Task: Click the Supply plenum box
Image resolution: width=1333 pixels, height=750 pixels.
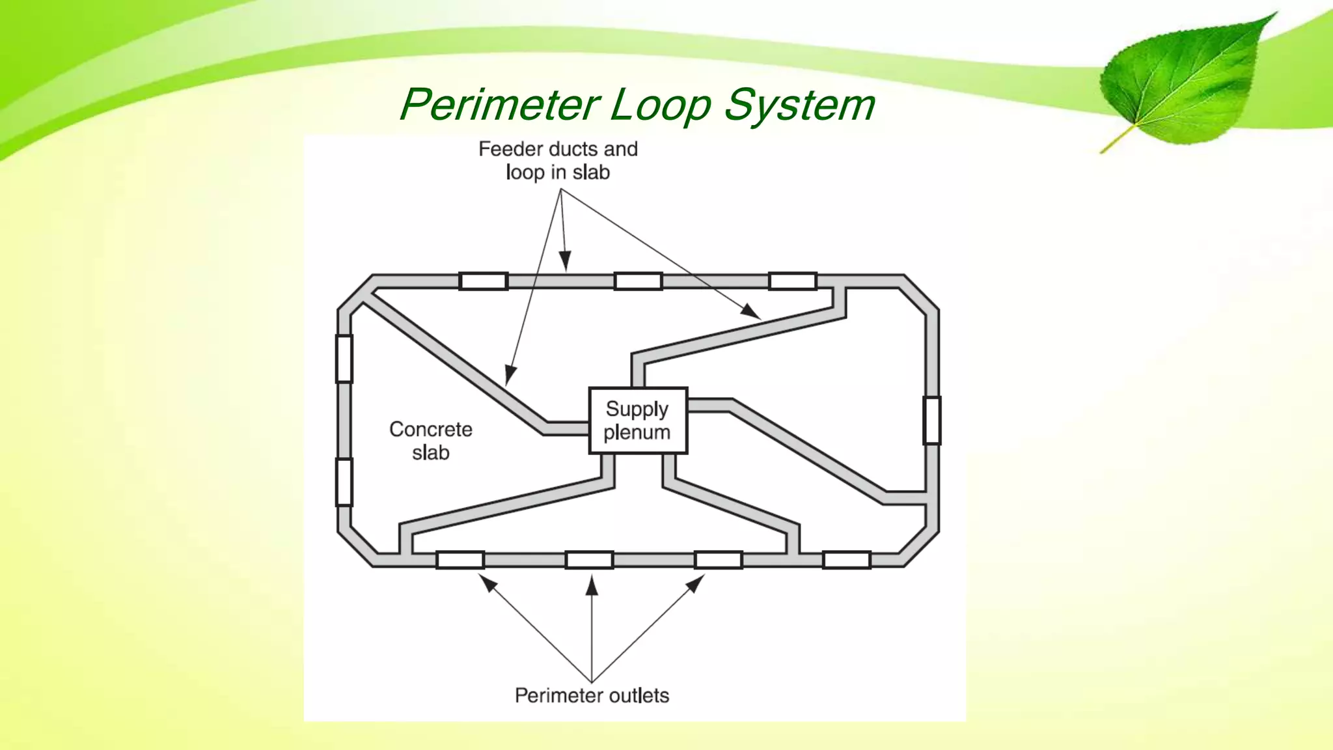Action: [x=638, y=420]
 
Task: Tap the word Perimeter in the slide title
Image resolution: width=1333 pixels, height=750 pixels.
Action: [x=499, y=105]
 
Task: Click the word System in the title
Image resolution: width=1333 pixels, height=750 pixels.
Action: [x=799, y=105]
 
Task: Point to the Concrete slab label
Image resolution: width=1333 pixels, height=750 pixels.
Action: [x=430, y=441]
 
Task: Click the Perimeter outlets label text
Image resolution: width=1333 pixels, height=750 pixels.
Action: [x=592, y=695]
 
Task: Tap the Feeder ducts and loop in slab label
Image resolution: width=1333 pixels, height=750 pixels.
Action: [x=558, y=161]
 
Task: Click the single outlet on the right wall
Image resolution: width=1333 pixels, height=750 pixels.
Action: [x=932, y=420]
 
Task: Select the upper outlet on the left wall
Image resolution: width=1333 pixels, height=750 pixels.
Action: [x=344, y=358]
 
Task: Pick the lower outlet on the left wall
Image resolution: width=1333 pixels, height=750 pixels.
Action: [x=344, y=482]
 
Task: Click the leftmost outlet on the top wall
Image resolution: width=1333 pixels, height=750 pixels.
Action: [x=483, y=281]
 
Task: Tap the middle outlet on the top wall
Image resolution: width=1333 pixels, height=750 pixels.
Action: [x=638, y=281]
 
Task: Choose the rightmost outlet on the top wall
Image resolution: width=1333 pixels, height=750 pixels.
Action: [x=792, y=281]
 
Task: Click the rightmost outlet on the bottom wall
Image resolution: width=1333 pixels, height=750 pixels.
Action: [x=846, y=560]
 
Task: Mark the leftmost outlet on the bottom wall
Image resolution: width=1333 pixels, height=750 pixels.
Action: [x=460, y=560]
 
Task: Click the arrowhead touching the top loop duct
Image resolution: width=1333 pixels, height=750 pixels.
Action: [x=566, y=261]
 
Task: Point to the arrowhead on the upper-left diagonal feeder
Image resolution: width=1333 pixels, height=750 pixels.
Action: [x=511, y=375]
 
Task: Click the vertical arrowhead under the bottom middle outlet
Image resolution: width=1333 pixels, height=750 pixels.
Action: [x=592, y=587]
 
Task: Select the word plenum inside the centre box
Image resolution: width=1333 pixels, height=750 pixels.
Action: [x=637, y=432]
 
